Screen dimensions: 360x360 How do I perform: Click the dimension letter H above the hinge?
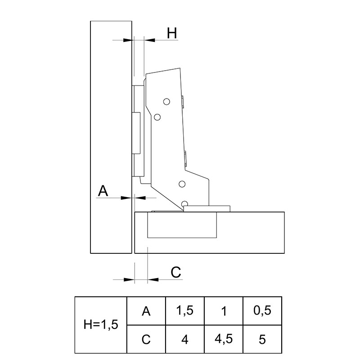[172, 33]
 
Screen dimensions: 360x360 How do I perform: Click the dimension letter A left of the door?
[103, 191]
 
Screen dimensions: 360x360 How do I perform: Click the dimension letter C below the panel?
[176, 272]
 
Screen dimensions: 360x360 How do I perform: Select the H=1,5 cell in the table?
[101, 325]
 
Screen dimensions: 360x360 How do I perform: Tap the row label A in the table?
[146, 311]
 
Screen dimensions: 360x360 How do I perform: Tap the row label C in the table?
[146, 339]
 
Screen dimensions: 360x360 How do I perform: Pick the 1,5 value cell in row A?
[185, 311]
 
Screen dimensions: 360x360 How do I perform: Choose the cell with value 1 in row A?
[224, 311]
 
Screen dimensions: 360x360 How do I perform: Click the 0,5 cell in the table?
[262, 311]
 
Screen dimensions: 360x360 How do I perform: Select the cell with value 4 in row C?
[185, 339]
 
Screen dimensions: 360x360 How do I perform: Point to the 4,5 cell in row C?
[224, 339]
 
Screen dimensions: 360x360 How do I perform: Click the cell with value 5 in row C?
[262, 339]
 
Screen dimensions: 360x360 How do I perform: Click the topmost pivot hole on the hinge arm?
[166, 102]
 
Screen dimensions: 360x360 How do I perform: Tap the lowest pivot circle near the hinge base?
[184, 204]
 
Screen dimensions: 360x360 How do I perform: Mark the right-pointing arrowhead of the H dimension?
[128, 40]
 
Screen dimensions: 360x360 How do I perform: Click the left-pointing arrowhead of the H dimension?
[150, 40]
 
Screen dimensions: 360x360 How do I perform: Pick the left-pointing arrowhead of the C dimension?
[153, 279]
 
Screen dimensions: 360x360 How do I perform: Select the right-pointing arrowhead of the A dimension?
[126, 198]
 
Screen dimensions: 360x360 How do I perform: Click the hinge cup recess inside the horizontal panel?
[182, 225]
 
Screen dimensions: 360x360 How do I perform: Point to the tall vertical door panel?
[111, 137]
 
